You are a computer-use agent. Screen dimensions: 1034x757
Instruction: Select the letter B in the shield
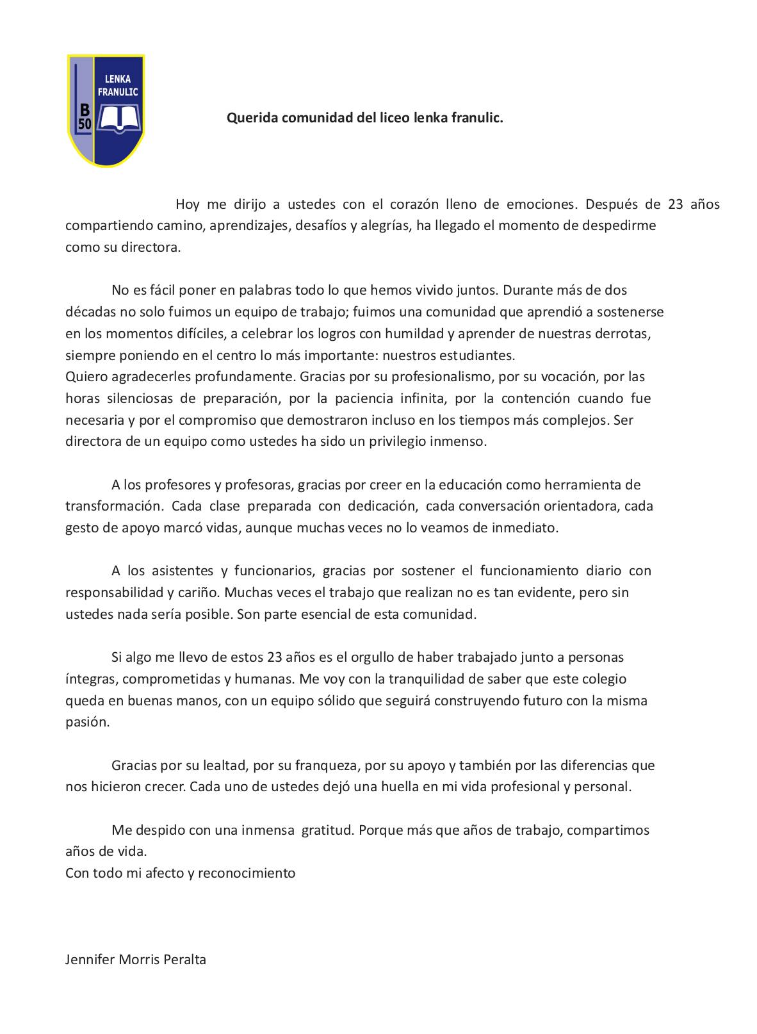coord(85,109)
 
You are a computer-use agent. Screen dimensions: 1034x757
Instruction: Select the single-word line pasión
coord(88,722)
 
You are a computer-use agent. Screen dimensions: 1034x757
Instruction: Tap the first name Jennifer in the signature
coord(90,960)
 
